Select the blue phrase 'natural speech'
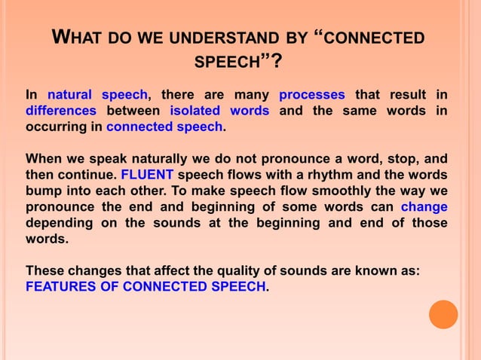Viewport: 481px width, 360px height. pos(98,95)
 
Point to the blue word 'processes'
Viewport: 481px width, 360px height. pos(311,95)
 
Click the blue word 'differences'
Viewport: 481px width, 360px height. pos(61,111)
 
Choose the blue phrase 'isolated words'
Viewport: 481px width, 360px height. pos(219,111)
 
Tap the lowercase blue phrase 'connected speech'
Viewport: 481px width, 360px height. pos(164,127)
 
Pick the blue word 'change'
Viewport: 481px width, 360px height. pos(424,206)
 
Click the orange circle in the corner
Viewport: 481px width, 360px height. pos(443,314)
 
